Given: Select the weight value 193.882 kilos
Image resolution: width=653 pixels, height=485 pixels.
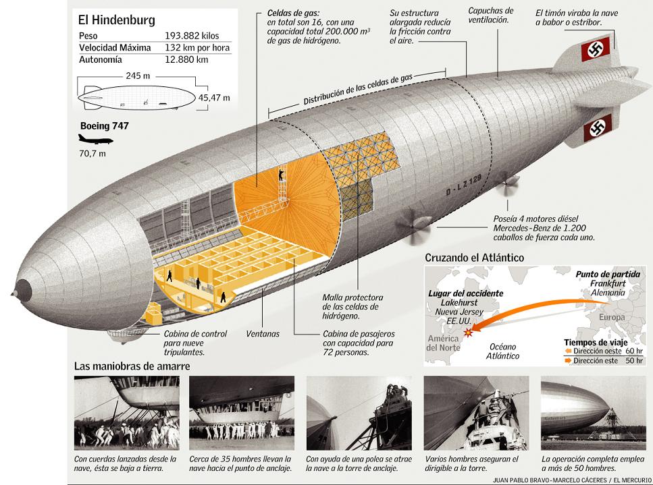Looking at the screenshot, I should tap(192, 36).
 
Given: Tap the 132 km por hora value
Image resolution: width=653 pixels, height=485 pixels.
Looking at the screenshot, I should tap(197, 48).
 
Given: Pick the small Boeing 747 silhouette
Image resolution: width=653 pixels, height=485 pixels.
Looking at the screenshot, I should tap(95, 140).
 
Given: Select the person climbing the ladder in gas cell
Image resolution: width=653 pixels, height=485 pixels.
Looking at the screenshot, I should tap(280, 177).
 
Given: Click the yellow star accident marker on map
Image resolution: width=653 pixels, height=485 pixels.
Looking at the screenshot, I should tap(468, 328).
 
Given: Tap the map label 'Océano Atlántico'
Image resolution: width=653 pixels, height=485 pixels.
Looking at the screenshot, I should tap(503, 351).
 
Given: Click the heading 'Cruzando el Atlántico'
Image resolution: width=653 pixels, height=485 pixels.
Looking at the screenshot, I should tap(474, 258).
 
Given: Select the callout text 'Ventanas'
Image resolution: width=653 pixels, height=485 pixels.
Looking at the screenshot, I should tap(263, 334).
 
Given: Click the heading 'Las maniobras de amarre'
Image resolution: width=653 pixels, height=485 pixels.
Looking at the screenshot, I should tap(132, 366).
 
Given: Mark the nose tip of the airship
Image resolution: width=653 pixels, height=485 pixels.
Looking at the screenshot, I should tap(18, 289).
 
